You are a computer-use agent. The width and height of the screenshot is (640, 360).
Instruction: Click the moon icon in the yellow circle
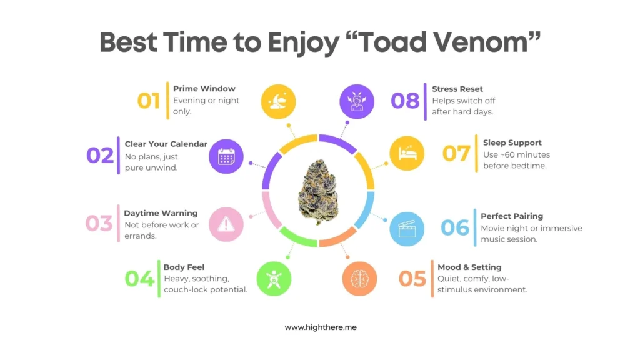click(x=278, y=102)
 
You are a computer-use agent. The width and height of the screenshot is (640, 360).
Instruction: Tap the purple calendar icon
click(x=226, y=156)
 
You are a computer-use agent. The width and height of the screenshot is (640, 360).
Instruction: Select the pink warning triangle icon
click(x=226, y=224)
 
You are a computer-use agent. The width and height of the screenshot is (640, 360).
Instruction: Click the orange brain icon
click(x=359, y=279)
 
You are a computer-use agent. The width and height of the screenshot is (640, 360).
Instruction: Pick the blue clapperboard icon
click(x=407, y=229)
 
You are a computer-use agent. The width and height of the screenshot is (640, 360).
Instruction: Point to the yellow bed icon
click(x=407, y=154)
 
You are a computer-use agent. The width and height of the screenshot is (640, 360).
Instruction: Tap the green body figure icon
click(x=274, y=279)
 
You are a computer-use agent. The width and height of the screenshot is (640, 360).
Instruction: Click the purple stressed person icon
click(x=357, y=102)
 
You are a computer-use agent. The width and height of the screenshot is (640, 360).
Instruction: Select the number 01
click(x=149, y=101)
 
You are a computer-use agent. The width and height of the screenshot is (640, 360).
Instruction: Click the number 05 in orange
click(x=412, y=279)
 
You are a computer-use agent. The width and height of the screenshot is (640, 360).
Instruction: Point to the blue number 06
click(x=455, y=227)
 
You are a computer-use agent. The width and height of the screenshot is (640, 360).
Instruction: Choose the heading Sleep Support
click(x=512, y=143)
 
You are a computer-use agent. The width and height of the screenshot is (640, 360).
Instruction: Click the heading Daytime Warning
click(x=161, y=214)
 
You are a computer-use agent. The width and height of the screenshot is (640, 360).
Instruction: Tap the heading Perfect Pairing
click(x=512, y=216)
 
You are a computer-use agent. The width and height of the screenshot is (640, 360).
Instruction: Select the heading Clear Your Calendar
click(x=166, y=144)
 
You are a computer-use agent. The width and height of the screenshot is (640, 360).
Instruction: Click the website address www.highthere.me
click(x=321, y=327)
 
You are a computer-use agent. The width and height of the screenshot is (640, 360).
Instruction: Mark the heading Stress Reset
click(x=457, y=89)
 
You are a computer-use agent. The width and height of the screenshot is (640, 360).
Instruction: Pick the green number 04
click(x=139, y=279)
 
